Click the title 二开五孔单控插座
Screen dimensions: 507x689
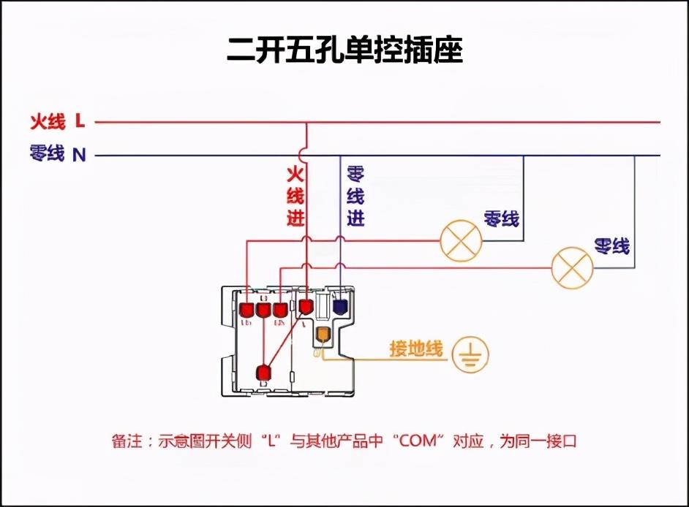344,50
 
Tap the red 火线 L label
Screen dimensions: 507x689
58,121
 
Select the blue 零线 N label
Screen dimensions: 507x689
58,154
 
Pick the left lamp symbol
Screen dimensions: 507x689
461,240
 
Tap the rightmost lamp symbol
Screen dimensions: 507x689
571,268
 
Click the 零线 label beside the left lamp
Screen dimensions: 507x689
501,218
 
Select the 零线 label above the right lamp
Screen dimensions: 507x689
611,246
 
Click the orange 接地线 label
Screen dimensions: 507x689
416,349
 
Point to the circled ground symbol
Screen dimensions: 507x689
470,355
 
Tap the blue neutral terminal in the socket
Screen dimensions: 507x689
339,306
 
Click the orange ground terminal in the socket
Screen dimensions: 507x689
323,335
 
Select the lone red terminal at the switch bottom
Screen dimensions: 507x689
263,373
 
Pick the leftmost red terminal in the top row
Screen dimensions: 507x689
246,310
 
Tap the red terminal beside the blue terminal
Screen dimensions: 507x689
305,305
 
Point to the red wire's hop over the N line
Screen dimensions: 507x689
306,154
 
